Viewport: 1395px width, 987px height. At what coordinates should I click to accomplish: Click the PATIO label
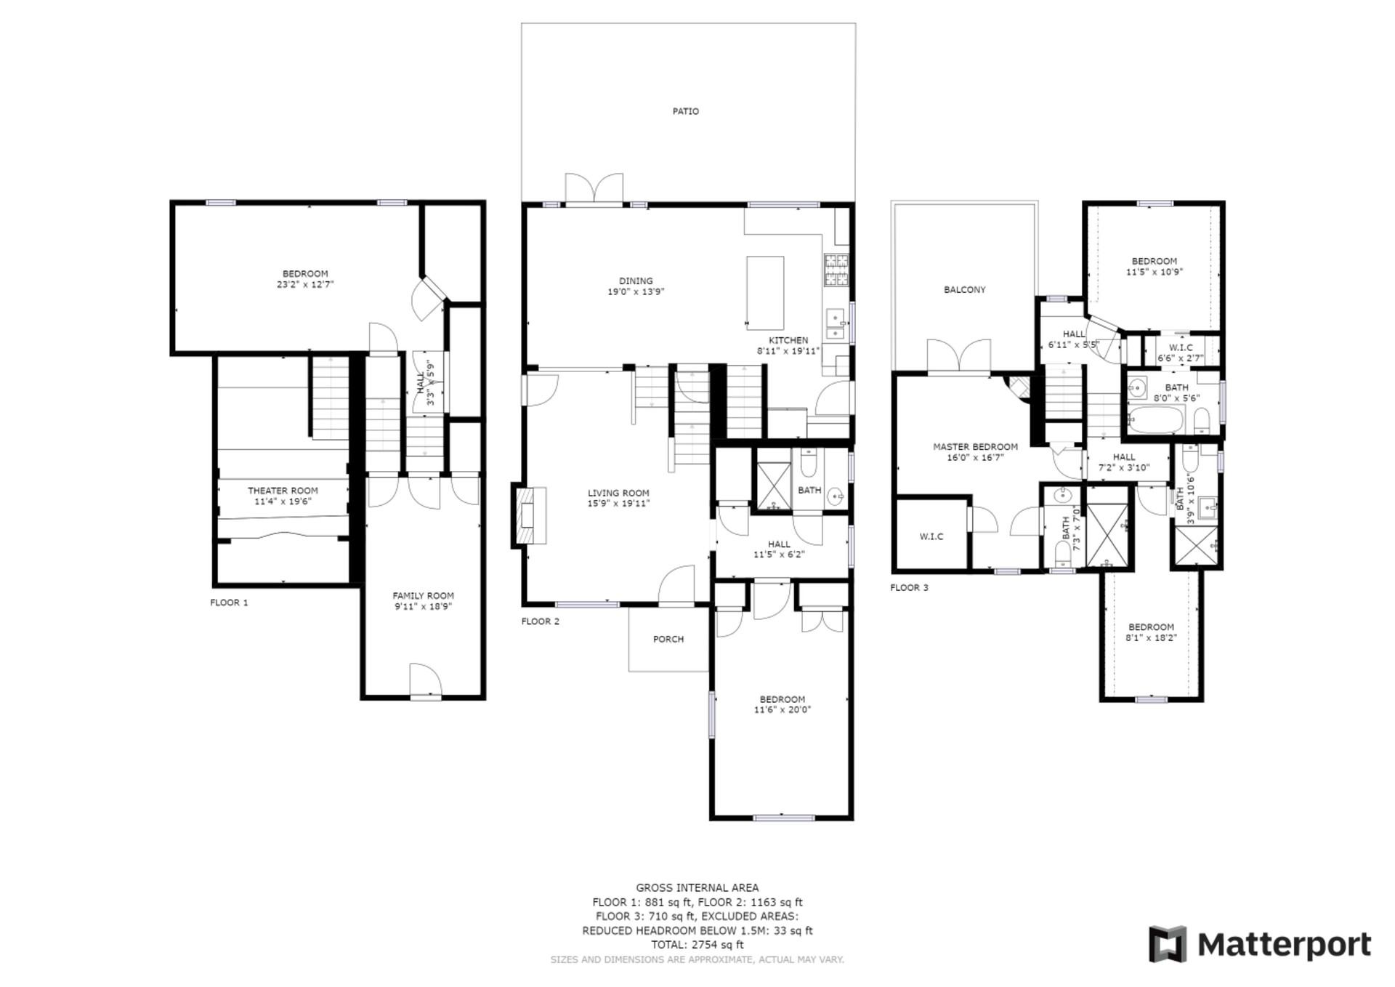coord(685,111)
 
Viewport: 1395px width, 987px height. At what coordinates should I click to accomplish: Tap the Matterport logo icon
coord(1168,944)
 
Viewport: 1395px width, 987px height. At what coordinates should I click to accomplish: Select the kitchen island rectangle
coord(765,293)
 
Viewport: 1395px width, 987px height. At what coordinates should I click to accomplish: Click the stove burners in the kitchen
coord(836,270)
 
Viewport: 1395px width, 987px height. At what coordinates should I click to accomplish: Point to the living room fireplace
coord(530,515)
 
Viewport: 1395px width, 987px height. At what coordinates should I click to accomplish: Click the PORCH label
coord(668,640)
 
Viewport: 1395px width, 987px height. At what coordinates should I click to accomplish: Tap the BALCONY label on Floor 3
coord(965,290)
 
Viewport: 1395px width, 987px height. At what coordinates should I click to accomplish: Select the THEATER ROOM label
coord(283,491)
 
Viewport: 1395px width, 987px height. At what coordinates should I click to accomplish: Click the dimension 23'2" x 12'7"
coord(305,285)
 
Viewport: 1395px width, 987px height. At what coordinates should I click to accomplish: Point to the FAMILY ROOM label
coord(424,595)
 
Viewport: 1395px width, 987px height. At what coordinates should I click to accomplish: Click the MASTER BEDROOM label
coord(975,447)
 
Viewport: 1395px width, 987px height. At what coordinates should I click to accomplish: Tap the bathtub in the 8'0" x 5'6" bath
coord(1156,420)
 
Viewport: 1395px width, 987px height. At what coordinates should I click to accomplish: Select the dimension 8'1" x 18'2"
coord(1151,638)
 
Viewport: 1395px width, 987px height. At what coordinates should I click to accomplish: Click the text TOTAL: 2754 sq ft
coord(697,945)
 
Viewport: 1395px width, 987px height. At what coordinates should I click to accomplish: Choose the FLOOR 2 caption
coord(541,621)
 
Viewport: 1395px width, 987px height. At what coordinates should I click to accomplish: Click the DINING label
coord(636,281)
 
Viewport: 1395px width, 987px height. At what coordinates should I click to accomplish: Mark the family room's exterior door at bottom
coord(426,682)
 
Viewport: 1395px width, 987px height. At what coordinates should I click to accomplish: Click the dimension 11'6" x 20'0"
coord(783,710)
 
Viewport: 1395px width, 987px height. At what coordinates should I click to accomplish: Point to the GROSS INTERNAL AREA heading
coord(697,887)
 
